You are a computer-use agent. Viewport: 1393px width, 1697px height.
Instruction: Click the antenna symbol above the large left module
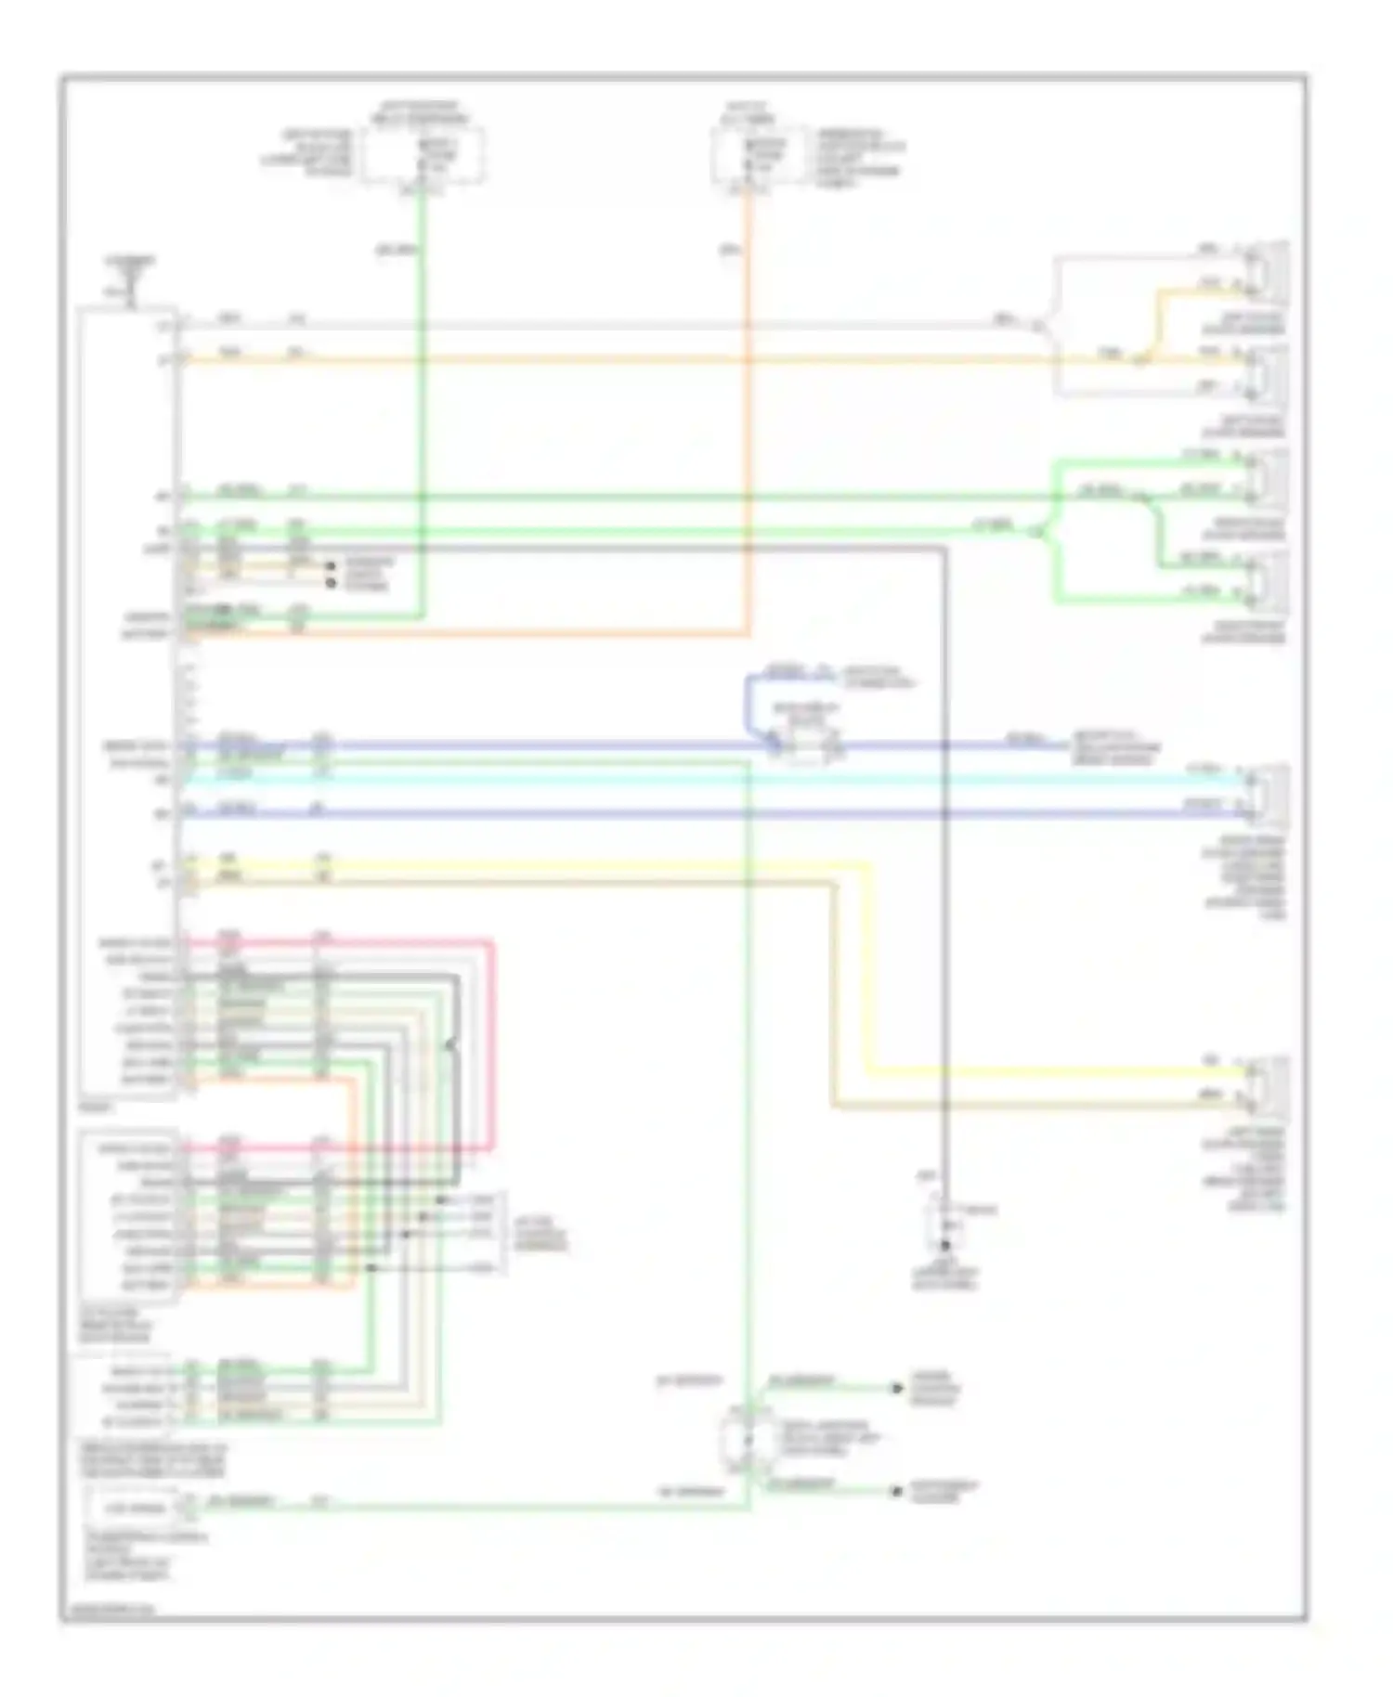tap(131, 280)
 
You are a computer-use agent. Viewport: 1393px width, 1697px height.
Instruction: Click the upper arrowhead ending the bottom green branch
tap(897, 1389)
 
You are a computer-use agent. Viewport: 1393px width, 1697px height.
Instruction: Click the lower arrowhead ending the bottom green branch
tap(897, 1492)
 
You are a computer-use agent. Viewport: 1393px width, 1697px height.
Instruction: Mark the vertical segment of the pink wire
tap(492, 1044)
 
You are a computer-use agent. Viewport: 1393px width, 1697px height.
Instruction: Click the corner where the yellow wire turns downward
tap(869, 866)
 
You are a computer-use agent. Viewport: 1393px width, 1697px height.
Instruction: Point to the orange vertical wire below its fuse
tap(748, 418)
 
